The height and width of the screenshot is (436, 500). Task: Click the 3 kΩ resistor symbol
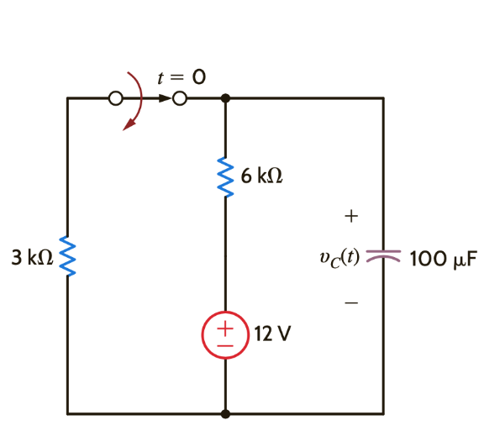click(67, 257)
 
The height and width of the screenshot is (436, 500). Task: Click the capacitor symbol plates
click(384, 256)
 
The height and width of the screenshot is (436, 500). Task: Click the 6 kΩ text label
click(261, 176)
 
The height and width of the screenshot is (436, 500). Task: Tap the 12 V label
click(272, 334)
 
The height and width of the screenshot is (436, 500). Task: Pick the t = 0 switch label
click(182, 77)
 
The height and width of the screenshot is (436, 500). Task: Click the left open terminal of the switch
click(116, 98)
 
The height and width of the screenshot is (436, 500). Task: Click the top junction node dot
click(225, 98)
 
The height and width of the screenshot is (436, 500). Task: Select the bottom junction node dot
click(225, 413)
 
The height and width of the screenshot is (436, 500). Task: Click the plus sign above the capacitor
click(351, 217)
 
